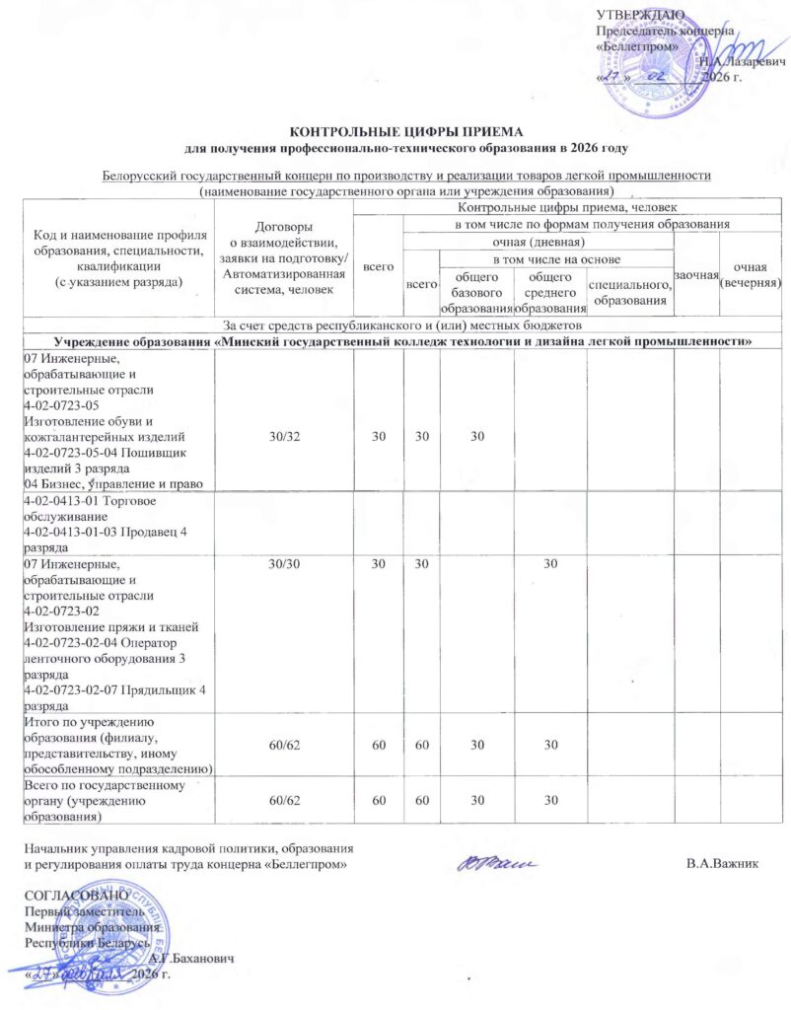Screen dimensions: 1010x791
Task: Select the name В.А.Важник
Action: [x=728, y=864]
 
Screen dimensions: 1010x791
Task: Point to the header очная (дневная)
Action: [x=539, y=242]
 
